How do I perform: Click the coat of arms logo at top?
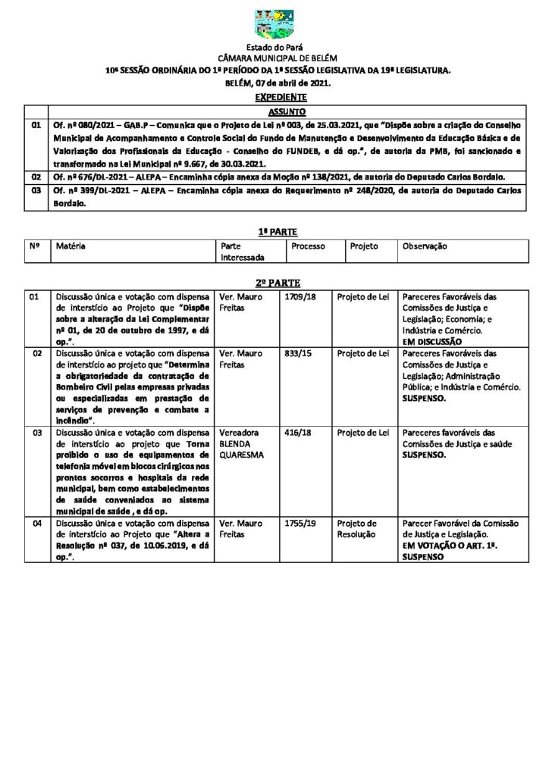point(274,25)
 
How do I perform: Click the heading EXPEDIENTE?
point(274,97)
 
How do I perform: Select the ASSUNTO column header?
point(281,111)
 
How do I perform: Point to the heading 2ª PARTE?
point(274,281)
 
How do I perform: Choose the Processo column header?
point(308,246)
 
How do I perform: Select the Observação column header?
point(425,246)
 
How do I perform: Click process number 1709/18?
point(298,296)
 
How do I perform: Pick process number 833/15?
point(296,353)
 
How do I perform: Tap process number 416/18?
point(296,433)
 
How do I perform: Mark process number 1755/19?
point(298,523)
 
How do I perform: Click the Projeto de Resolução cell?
point(357,528)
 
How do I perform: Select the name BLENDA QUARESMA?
point(241,450)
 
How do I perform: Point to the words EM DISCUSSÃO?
point(433,342)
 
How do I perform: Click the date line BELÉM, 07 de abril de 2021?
point(274,82)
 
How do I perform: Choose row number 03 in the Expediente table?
point(35,192)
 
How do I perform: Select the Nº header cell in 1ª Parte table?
point(35,246)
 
